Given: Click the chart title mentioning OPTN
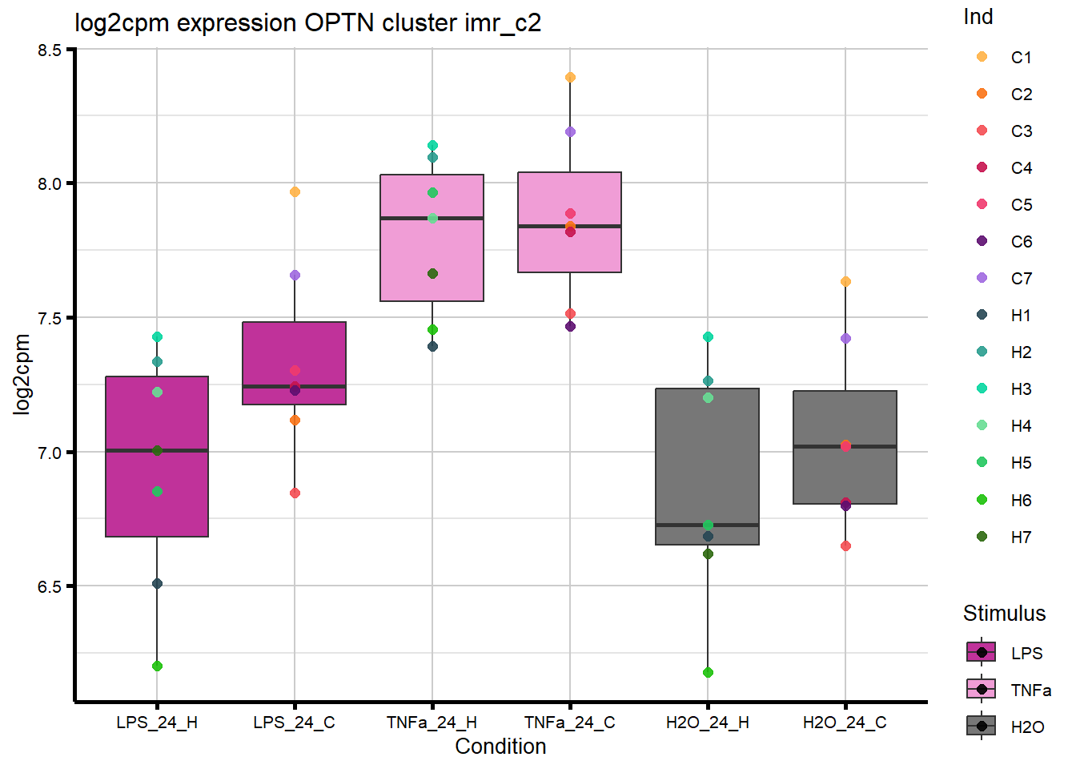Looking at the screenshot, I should pyautogui.click(x=307, y=22).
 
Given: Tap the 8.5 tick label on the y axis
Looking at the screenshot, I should pyautogui.click(x=49, y=50).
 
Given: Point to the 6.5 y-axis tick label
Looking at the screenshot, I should pyautogui.click(x=49, y=586).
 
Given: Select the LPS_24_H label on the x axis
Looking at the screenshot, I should pyautogui.click(x=157, y=723).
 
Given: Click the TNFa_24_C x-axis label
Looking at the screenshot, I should pyautogui.click(x=570, y=723).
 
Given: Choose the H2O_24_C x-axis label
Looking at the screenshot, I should pyautogui.click(x=845, y=723).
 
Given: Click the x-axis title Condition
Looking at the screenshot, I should pyautogui.click(x=500, y=747).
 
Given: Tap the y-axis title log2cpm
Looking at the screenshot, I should pyautogui.click(x=22, y=374).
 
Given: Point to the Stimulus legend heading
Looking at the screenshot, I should pyautogui.click(x=1004, y=614).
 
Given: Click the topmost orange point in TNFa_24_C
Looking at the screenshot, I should pyautogui.click(x=570, y=78).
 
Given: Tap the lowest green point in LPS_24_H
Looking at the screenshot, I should pyautogui.click(x=157, y=666).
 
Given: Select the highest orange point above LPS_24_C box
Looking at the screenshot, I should pyautogui.click(x=295, y=192).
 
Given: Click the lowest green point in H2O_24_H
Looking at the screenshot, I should pyautogui.click(x=708, y=672).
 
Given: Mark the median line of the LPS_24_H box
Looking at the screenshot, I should pyautogui.click(x=157, y=450).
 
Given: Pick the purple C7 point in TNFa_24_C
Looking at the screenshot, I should pyautogui.click(x=570, y=132).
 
